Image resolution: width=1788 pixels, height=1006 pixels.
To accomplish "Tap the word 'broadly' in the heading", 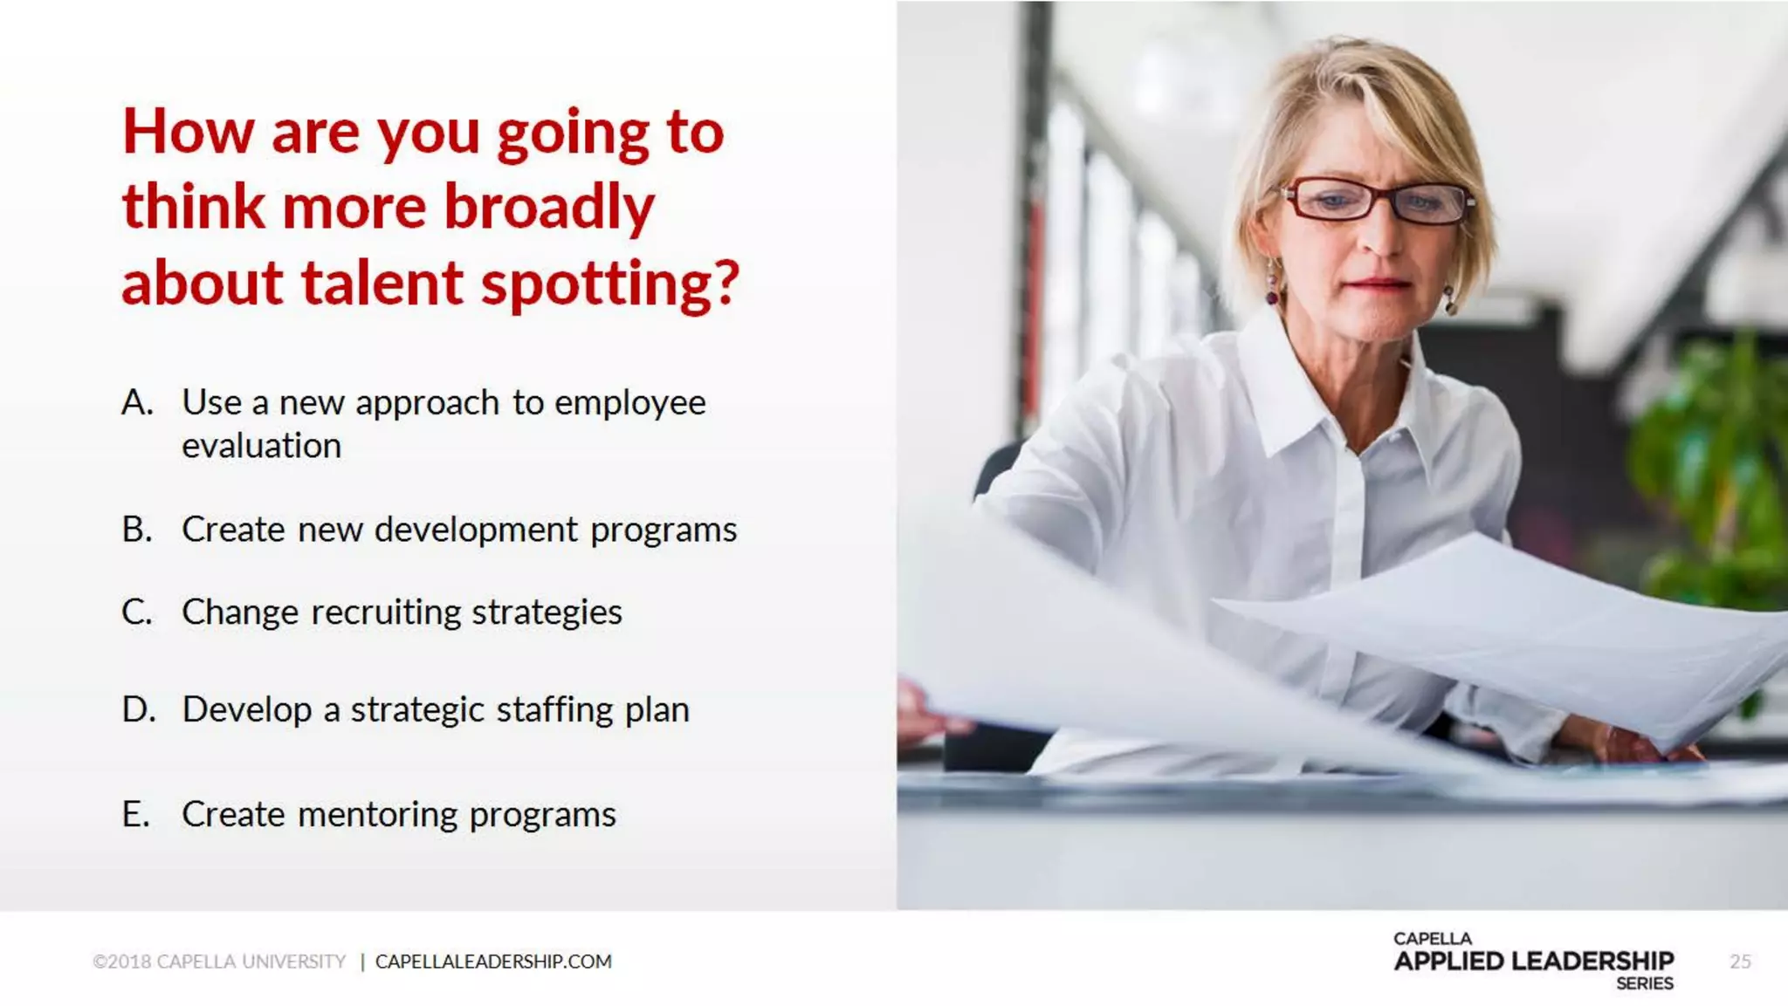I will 549,208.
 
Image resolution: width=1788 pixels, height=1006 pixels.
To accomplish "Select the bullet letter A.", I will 137,403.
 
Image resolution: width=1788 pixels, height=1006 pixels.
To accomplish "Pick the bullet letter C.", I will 137,612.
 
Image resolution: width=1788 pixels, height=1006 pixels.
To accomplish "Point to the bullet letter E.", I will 136,815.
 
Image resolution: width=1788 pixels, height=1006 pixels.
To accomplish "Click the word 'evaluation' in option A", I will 261,446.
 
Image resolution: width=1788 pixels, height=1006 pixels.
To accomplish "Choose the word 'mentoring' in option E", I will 377,815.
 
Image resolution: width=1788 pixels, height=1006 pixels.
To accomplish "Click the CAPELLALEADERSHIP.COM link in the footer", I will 493,962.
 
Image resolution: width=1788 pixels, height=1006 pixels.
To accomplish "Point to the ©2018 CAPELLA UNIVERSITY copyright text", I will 219,962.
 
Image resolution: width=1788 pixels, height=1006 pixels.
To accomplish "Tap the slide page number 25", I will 1740,962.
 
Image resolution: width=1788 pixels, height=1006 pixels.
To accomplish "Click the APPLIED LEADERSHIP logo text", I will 1533,961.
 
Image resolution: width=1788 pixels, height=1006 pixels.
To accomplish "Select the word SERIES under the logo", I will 1644,984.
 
